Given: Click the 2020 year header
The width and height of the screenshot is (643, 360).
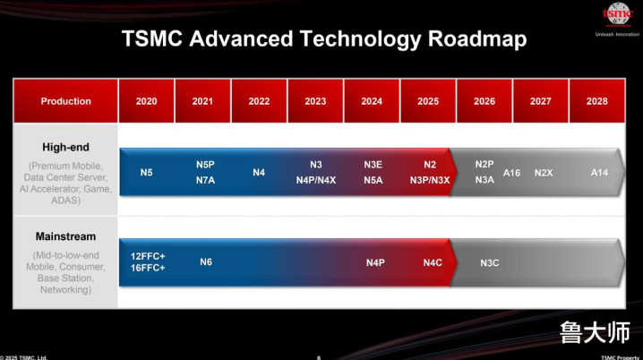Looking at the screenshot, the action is (x=146, y=101).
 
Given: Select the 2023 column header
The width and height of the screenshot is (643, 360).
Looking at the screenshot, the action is (x=315, y=101).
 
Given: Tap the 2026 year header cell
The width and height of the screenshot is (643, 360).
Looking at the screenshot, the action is (x=484, y=101).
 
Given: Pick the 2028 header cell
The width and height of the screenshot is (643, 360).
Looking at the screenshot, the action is (x=597, y=101).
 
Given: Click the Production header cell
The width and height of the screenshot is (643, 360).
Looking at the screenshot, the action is (x=65, y=101).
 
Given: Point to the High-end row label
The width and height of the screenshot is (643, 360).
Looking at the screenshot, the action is (x=65, y=147).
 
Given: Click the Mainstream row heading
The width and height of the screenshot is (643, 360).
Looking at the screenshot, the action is (x=65, y=236).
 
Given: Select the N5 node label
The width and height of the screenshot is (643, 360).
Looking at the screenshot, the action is (x=146, y=173).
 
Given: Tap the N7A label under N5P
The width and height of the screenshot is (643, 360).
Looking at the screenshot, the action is (x=205, y=180).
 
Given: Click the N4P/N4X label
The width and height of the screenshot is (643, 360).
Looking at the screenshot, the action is (x=316, y=180).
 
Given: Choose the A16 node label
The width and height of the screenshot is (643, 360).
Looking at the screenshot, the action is (x=511, y=173).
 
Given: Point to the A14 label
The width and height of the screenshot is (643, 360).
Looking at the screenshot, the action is (x=599, y=173).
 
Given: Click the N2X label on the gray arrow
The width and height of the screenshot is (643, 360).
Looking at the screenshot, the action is (x=544, y=173).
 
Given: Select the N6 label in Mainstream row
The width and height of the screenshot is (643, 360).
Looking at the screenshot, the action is (x=206, y=262).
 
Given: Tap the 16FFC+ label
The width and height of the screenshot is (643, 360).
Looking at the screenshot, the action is (x=148, y=268).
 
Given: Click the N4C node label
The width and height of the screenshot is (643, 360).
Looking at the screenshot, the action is (x=433, y=262).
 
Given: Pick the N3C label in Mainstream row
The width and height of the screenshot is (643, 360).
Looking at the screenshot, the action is (x=490, y=262).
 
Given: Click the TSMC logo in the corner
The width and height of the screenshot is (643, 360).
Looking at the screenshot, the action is (x=618, y=14).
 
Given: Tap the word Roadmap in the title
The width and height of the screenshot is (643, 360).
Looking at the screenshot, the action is (x=477, y=39).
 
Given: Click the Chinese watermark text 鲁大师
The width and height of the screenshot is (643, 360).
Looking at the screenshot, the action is (x=595, y=332).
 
